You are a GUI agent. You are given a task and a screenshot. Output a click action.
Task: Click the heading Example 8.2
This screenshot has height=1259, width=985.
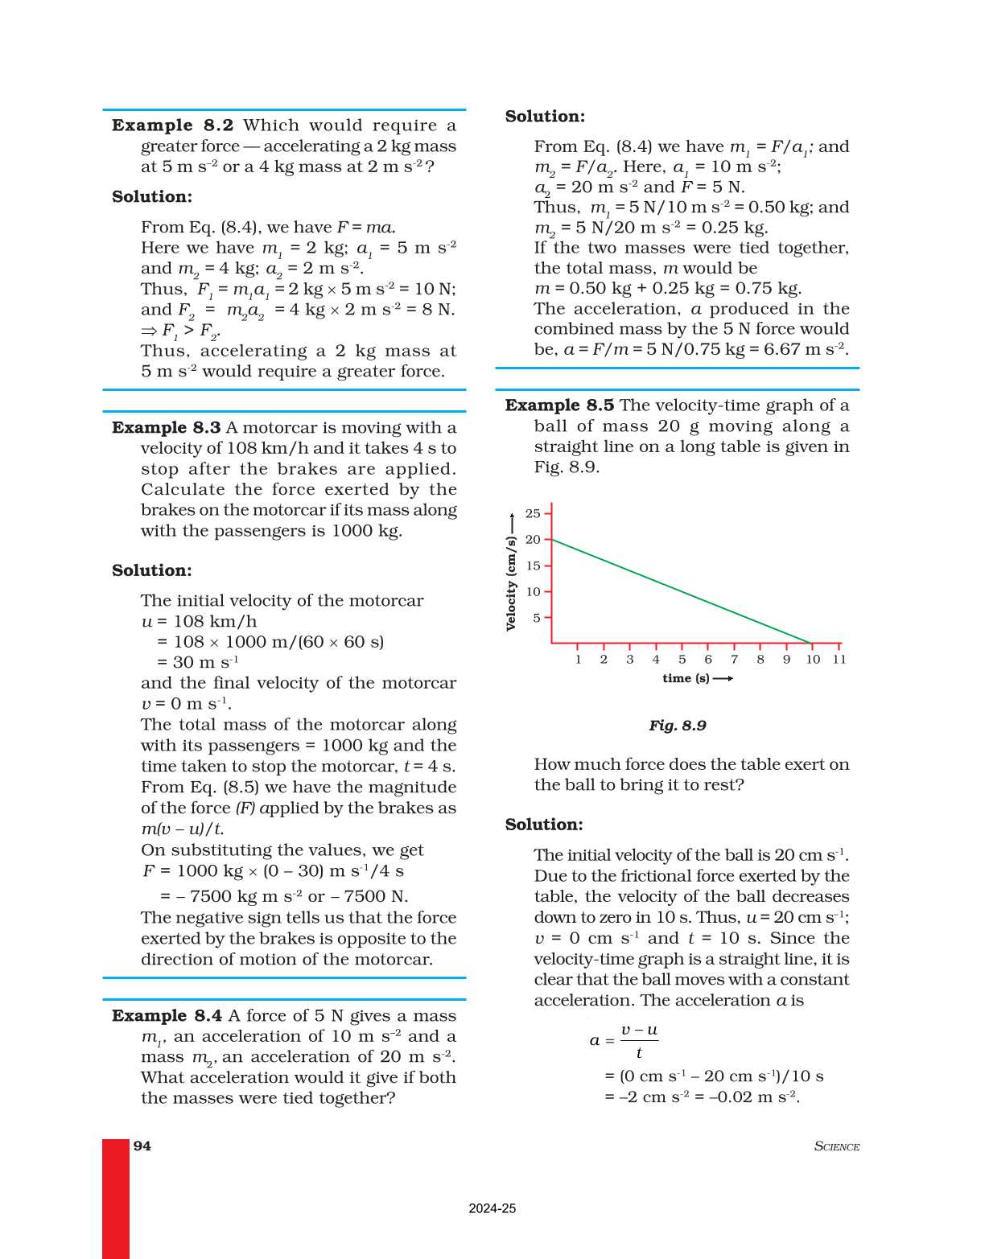(x=172, y=125)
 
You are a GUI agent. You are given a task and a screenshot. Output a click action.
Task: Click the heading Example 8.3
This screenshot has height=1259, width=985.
(x=166, y=428)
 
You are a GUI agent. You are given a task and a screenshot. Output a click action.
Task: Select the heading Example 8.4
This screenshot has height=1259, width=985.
(x=167, y=1016)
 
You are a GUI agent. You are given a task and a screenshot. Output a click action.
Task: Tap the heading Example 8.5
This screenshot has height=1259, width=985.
(x=559, y=405)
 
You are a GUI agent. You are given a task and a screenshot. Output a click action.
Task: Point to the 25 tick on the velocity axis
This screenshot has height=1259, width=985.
(x=533, y=513)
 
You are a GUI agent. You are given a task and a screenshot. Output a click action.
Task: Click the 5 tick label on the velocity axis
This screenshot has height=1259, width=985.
(x=536, y=618)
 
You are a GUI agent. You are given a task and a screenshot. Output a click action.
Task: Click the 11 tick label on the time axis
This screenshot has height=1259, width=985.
(x=839, y=660)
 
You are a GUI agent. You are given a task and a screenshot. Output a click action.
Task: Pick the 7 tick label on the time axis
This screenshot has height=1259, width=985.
(x=734, y=660)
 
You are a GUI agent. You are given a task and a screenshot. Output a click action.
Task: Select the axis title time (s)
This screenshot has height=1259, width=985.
(x=686, y=678)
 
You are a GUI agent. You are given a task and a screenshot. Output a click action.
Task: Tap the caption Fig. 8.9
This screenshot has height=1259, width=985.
(x=678, y=726)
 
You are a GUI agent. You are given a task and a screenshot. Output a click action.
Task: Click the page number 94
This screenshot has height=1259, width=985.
(x=142, y=1146)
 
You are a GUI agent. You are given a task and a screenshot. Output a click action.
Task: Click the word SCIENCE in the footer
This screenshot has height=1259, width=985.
(x=837, y=1146)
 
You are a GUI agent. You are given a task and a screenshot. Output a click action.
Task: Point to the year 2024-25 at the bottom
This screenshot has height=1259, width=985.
(x=492, y=1208)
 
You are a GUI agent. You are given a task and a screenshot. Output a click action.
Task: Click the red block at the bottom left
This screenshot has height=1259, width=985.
(x=116, y=1198)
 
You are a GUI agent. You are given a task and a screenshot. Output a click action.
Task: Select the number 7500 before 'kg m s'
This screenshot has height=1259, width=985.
(x=211, y=897)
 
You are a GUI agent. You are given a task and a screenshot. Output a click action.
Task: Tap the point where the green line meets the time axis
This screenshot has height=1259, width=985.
(x=812, y=644)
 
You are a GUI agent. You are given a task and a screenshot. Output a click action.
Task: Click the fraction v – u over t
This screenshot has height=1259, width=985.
(x=639, y=1041)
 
